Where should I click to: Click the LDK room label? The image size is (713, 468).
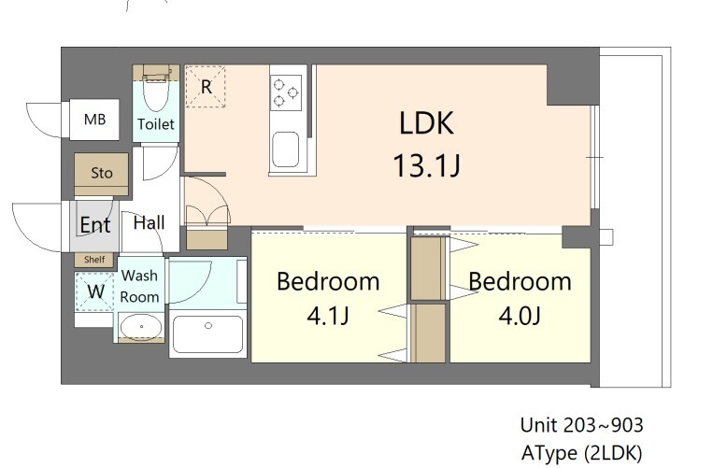[x=426, y=122]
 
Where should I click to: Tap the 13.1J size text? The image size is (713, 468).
[x=426, y=166]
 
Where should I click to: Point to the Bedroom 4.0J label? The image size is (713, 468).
[x=520, y=281]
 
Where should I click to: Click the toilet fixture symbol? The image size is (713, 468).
[x=155, y=92]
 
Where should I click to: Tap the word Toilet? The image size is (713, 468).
[x=155, y=124]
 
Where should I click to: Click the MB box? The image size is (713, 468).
[x=95, y=120]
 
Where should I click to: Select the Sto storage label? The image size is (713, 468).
[x=101, y=173]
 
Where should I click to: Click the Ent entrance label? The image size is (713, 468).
[x=94, y=225]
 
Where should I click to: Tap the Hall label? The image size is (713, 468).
[x=149, y=222]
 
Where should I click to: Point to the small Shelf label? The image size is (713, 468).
[x=94, y=260]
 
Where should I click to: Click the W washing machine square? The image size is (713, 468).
[x=95, y=290]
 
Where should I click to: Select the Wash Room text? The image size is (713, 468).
[x=140, y=286]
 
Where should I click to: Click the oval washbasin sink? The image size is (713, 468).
[x=140, y=328]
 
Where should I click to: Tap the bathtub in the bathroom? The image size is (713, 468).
[x=208, y=335]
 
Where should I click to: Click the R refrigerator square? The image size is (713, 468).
[x=205, y=86]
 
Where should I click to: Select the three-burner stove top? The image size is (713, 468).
[x=286, y=92]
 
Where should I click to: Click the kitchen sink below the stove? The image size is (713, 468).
[x=286, y=148]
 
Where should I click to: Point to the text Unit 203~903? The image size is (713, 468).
[x=581, y=425]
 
